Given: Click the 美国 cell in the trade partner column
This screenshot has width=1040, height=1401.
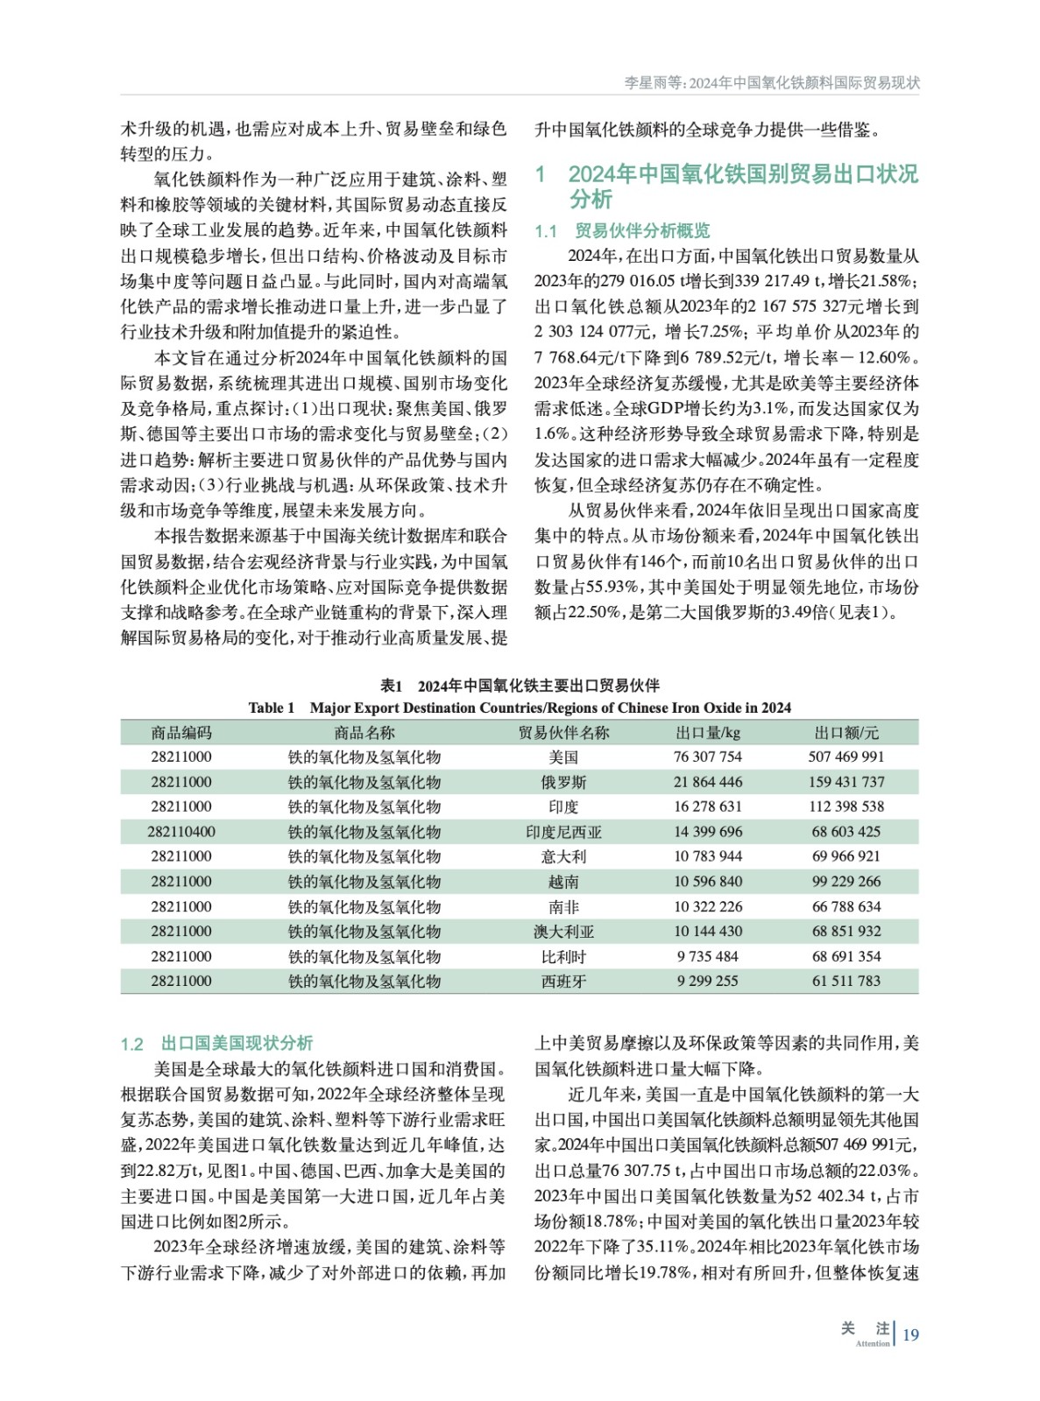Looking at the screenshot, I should (x=563, y=757).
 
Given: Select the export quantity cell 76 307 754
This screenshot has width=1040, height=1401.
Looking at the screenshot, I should (x=707, y=757).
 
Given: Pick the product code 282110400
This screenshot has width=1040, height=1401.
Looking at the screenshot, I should (x=181, y=832).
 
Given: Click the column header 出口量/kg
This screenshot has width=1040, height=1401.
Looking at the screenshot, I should (x=707, y=733).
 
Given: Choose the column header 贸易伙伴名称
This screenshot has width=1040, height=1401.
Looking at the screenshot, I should (x=563, y=733).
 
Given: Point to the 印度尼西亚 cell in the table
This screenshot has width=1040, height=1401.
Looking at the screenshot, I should (x=563, y=832).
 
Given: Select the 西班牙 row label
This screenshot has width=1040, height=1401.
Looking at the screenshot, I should (x=563, y=982).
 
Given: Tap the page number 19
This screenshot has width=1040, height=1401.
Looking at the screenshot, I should (x=910, y=1334).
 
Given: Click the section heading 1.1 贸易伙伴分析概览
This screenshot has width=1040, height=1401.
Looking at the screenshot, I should (x=622, y=231).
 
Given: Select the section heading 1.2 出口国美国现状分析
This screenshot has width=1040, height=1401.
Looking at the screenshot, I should (x=216, y=1043).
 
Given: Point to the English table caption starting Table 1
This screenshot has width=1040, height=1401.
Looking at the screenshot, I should (x=520, y=708).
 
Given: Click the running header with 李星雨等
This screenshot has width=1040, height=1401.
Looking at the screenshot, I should (x=771, y=83).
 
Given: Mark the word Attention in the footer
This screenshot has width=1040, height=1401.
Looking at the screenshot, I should (x=872, y=1343).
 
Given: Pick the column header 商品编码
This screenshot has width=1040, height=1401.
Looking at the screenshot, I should (x=181, y=733).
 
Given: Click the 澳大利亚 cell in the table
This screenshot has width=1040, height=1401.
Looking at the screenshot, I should (x=563, y=932).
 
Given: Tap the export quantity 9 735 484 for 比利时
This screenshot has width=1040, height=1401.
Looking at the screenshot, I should (x=707, y=956).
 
